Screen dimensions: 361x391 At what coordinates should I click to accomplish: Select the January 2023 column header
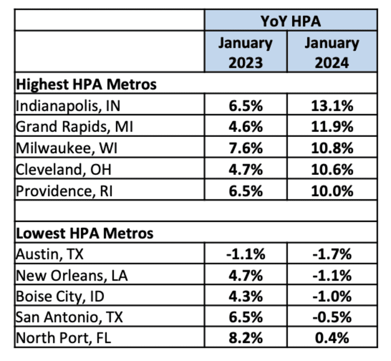point(245,53)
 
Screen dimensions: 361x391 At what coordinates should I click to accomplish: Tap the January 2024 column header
point(331,53)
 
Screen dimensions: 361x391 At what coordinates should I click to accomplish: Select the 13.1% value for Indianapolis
point(332,106)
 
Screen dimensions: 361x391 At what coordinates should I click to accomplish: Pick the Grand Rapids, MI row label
point(75,127)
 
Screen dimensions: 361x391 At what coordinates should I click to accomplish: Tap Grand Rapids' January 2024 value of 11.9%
point(332,127)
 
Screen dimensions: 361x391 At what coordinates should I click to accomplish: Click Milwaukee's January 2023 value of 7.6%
point(246,148)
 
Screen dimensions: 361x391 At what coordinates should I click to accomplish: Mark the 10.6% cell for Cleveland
point(332,169)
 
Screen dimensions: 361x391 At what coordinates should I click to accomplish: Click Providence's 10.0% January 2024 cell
point(332,191)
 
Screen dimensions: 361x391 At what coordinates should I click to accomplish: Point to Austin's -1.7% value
point(332,254)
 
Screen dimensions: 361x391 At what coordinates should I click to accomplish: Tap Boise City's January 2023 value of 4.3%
point(246,296)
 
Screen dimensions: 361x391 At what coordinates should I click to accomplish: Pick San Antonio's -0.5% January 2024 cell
point(332,317)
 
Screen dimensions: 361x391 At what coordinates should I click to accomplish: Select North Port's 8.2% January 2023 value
point(246,338)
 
